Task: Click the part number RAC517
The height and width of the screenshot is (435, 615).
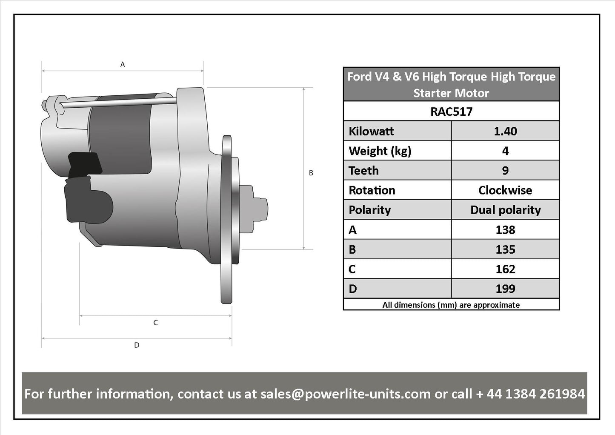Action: coord(452,112)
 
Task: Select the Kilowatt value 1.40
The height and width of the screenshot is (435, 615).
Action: coord(505,131)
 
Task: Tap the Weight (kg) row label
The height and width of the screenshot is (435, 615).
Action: coord(380,151)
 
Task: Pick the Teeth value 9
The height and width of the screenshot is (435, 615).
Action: coord(505,171)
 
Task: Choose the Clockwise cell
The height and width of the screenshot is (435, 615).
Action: coord(505,190)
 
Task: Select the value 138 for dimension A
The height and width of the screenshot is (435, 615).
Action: coord(505,230)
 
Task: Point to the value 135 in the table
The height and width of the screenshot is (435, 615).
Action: coord(505,249)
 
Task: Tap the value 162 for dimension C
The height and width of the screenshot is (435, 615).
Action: coord(505,269)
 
